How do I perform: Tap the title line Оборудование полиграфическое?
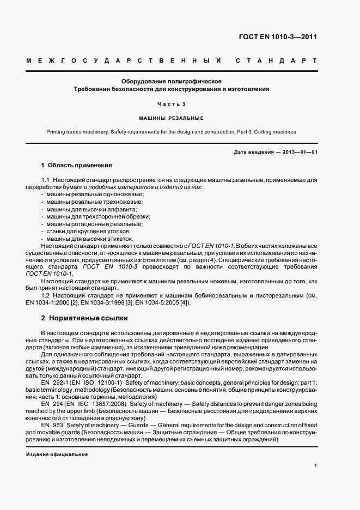pos(172,81)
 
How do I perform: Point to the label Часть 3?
pos(172,104)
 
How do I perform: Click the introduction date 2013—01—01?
pos(298,152)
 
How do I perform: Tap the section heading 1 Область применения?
pos(77,165)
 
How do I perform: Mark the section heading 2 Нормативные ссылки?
pos(84,318)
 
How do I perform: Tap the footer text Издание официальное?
pos(57,454)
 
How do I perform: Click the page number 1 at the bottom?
pos(315,466)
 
